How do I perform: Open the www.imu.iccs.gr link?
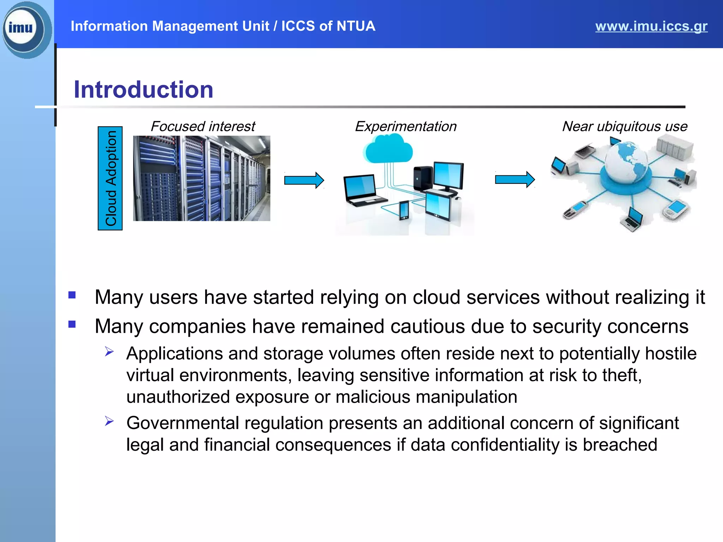(x=651, y=26)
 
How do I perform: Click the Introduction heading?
(x=143, y=89)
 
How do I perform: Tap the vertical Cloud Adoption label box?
(x=110, y=178)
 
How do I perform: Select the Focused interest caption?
(x=203, y=126)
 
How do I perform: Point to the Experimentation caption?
(x=405, y=126)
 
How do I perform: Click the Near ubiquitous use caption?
(x=624, y=126)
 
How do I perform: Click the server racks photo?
(x=202, y=178)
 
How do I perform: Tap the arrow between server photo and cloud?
(x=304, y=180)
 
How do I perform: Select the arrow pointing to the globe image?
(x=514, y=180)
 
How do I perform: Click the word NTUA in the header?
(x=355, y=26)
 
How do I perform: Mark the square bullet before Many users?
(x=72, y=295)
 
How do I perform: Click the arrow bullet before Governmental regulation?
(x=109, y=421)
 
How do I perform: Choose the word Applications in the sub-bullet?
(x=174, y=354)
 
